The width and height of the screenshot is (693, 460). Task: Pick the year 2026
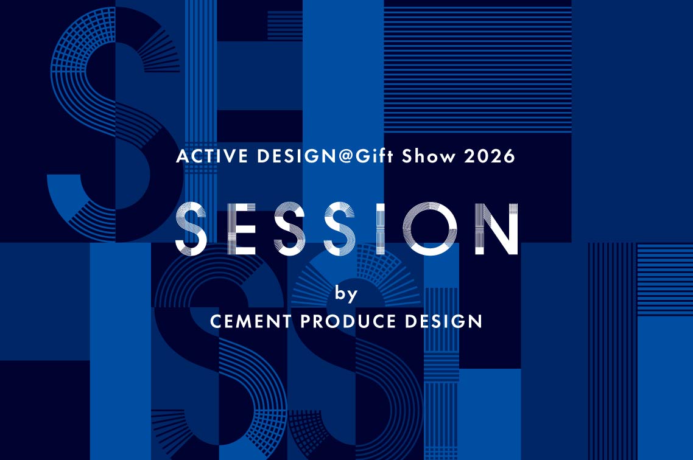[490, 156]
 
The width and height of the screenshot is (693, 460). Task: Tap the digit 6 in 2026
[509, 156]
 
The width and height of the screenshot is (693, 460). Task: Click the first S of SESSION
[191, 229]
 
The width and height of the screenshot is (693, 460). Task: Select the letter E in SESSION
[242, 229]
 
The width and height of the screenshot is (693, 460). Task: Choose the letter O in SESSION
[429, 229]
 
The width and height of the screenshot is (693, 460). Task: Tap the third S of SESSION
[340, 229]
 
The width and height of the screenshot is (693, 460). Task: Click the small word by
[346, 293]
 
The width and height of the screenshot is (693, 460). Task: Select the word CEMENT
[251, 321]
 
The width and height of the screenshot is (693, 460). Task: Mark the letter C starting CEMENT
[217, 321]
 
